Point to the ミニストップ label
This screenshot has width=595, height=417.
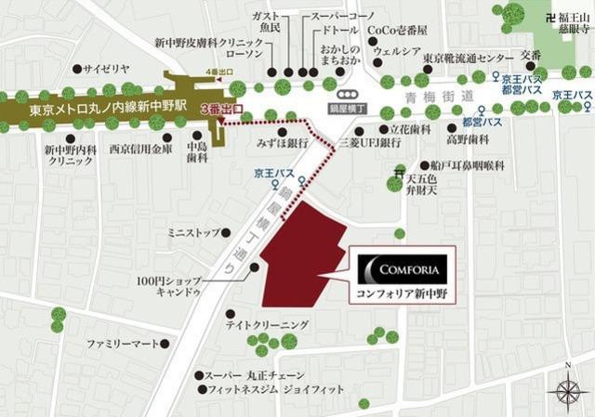(193, 231)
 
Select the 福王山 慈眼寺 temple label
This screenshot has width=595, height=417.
(576, 21)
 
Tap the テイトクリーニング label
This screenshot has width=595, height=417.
(265, 324)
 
